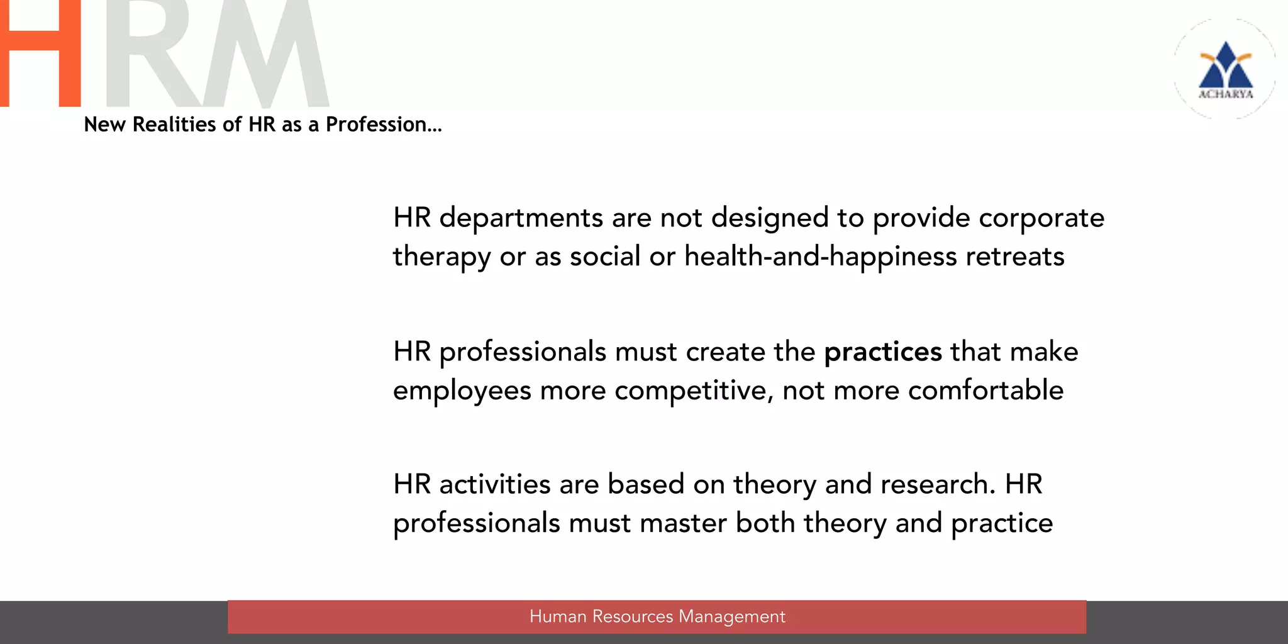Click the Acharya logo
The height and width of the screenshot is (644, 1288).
pos(1225,69)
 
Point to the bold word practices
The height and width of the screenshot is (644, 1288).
pos(882,352)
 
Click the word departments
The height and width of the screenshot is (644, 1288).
pos(521,218)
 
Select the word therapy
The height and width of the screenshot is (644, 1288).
pos(441,257)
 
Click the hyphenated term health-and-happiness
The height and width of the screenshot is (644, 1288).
pos(820,257)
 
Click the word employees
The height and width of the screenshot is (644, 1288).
pos(462,391)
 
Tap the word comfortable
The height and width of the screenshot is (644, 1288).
pos(985,391)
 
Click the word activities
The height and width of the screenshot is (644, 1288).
pos(495,485)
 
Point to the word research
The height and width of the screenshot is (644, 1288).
pos(938,485)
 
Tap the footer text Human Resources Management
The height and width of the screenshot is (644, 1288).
pos(657,616)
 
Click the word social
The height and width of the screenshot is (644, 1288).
pos(604,257)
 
